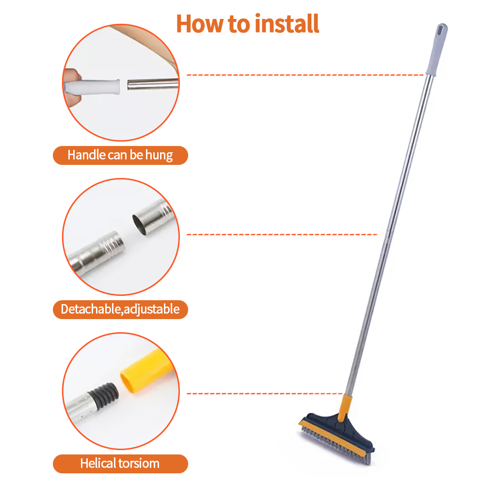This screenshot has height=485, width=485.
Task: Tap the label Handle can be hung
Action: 120,155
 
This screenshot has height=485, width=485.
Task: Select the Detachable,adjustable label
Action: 120,309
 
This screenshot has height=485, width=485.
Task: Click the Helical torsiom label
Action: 120,463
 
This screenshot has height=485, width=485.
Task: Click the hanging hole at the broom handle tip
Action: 441,31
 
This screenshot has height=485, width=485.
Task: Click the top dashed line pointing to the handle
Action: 306,75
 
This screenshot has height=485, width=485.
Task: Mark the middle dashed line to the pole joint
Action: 281,235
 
